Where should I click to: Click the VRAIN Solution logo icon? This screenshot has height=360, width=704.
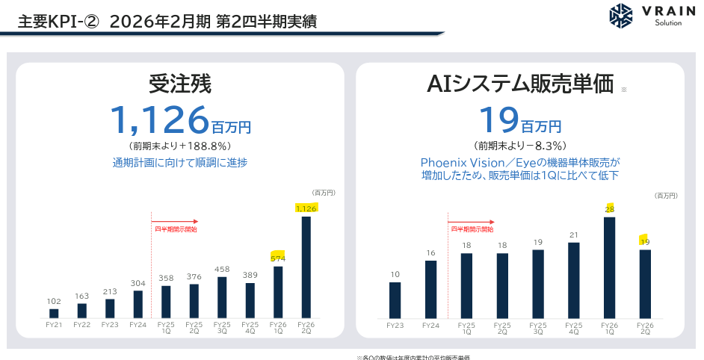pos(621,17)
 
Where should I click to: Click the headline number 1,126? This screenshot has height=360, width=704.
pos(158,119)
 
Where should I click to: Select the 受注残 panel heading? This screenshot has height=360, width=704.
pos(180,84)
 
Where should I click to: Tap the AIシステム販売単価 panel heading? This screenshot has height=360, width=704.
pos(520,84)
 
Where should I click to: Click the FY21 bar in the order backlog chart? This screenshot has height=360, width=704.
pos(54,313)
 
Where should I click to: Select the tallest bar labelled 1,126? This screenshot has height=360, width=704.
pos(306,267)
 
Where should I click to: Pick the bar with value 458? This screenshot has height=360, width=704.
pos(222,297)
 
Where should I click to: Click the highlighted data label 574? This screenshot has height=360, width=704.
pos(278,258)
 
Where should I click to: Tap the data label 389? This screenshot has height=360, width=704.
pos(250,275)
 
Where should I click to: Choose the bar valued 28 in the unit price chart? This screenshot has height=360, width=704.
pos(609,267)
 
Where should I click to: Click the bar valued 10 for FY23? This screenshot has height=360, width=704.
pos(395,300)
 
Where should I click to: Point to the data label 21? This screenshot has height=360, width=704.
pos(573,235)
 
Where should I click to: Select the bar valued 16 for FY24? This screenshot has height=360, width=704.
pos(430,289)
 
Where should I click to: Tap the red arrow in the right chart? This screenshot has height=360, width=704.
pos(472,221)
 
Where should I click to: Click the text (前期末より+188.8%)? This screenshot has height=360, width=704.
pos(180,146)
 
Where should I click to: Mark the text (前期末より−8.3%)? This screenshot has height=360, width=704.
pos(520,146)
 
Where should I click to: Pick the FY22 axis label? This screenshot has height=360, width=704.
pos(81,324)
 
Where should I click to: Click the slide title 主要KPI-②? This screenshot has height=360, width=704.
pos(59,21)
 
